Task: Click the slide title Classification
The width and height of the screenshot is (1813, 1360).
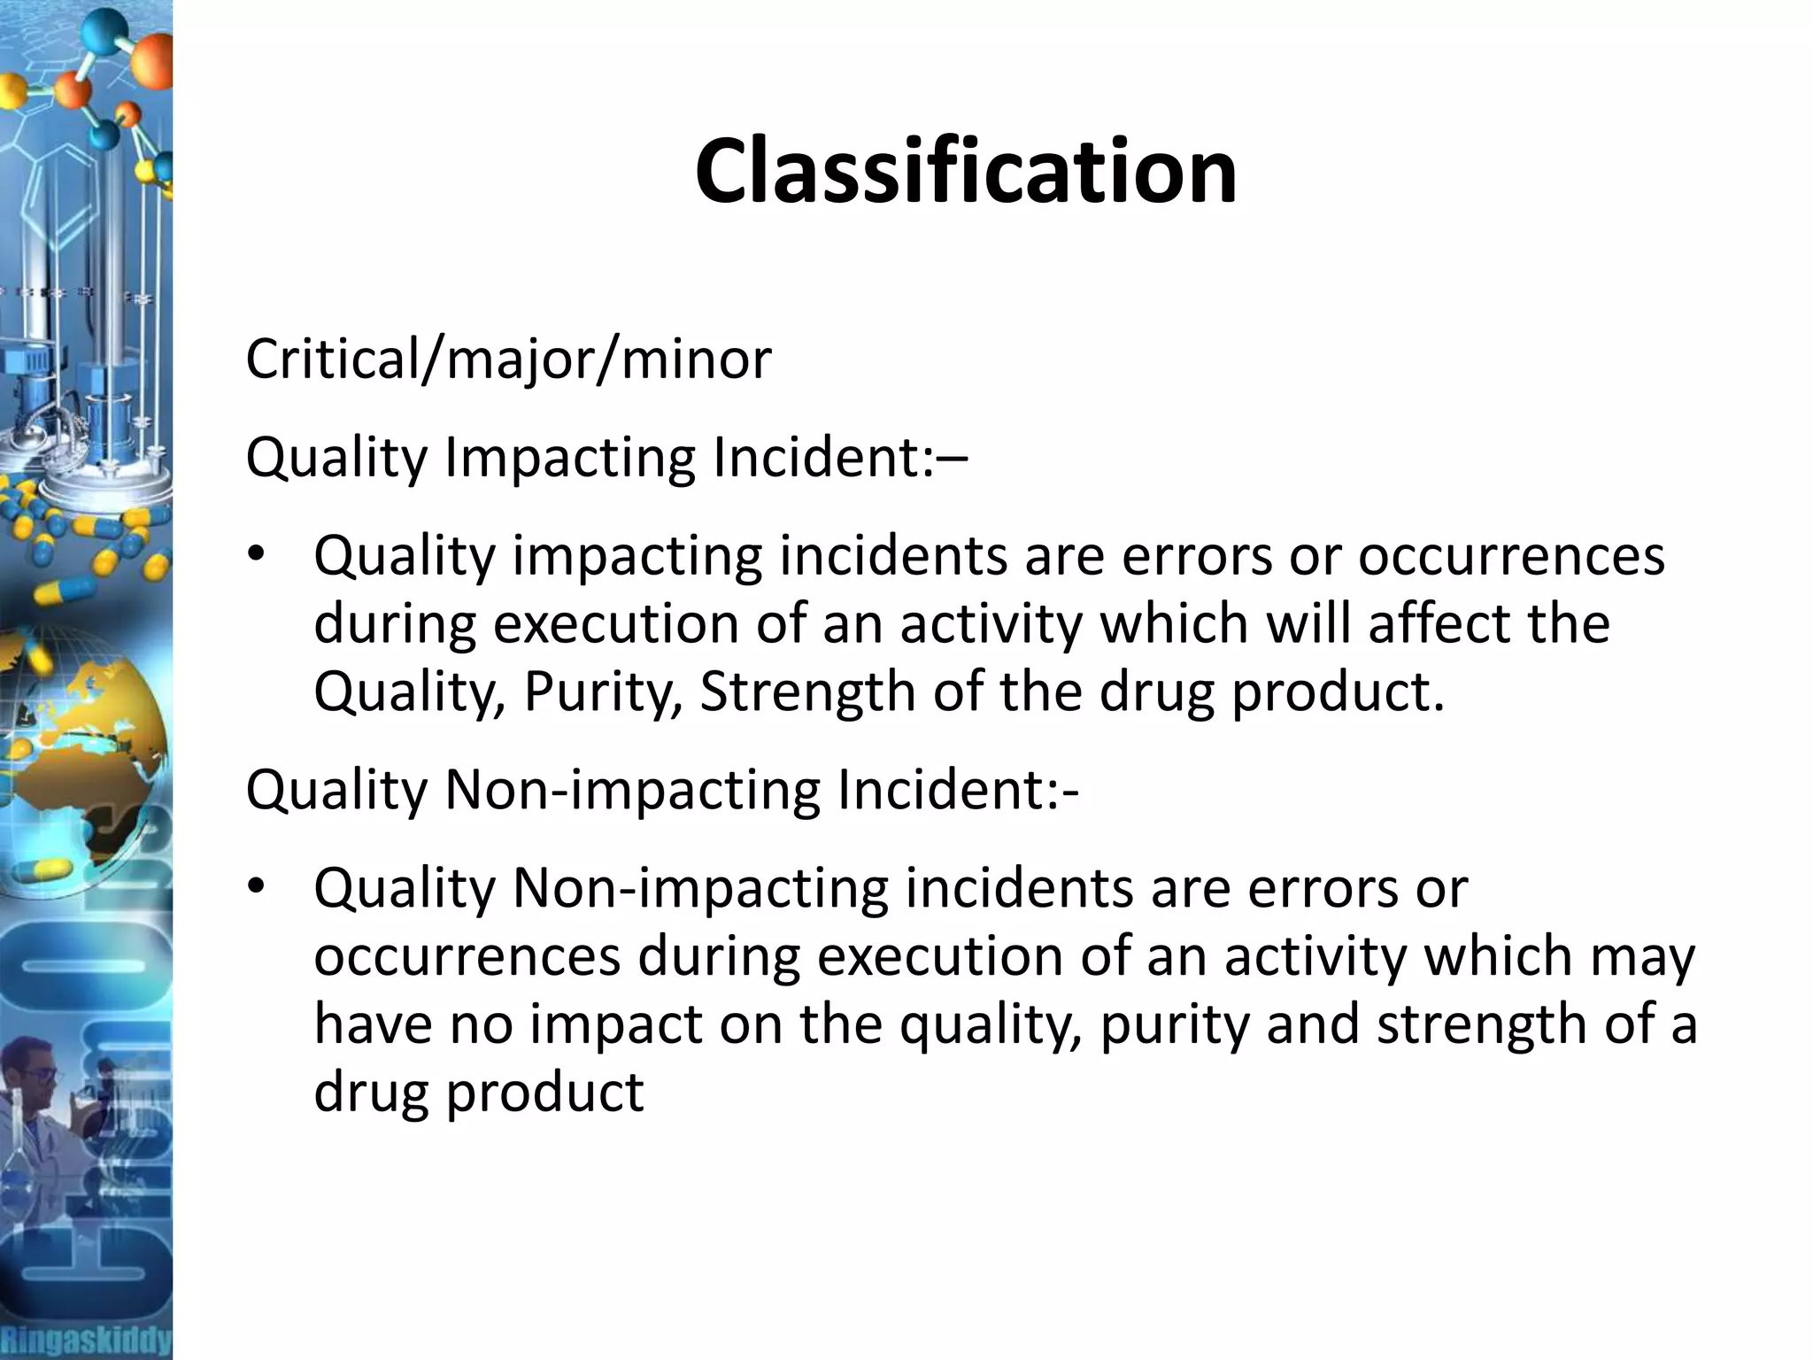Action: [965, 172]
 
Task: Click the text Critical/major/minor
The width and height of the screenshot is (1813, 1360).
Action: [508, 359]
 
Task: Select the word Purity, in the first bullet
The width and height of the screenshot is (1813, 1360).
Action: [602, 692]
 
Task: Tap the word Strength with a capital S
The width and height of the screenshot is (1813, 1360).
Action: [806, 692]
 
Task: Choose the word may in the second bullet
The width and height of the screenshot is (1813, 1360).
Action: [1643, 958]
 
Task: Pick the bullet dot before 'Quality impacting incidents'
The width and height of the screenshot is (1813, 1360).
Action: [257, 556]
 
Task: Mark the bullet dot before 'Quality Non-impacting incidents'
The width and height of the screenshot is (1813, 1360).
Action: [257, 887]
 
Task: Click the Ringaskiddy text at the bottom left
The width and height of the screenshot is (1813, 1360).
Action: [86, 1338]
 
